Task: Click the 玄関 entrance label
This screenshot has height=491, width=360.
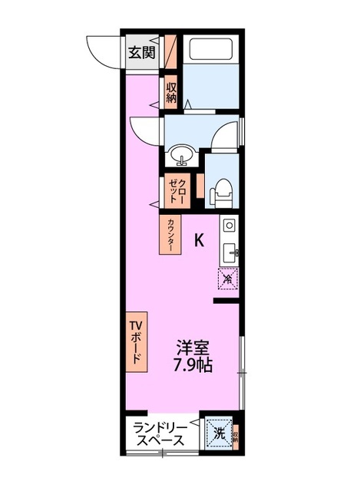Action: (140, 53)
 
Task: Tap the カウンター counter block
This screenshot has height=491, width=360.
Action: (170, 235)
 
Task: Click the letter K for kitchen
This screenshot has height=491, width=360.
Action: (198, 240)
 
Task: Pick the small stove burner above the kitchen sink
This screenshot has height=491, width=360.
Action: (230, 226)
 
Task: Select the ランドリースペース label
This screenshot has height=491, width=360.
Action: (159, 434)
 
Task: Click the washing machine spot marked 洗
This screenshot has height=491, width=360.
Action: (219, 433)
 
